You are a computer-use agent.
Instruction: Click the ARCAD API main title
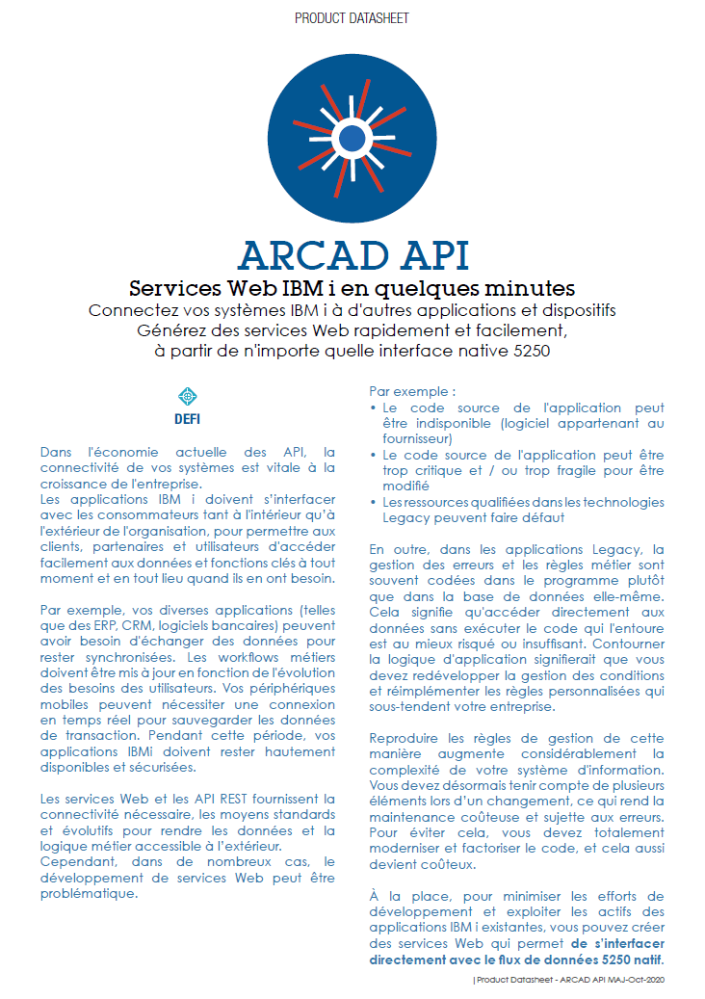point(352,254)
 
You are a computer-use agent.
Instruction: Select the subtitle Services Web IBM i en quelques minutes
point(352,288)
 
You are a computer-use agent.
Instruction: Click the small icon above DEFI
point(188,396)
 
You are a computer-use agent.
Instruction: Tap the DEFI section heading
point(188,419)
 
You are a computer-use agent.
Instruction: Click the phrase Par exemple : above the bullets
point(412,392)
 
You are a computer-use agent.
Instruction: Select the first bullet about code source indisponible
point(520,423)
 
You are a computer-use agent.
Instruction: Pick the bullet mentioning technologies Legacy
point(520,510)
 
